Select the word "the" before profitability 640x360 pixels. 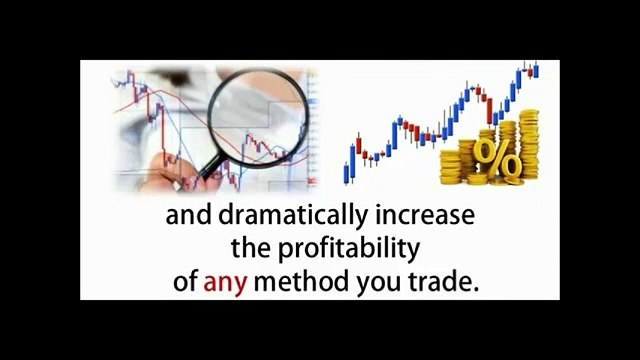click(250, 249)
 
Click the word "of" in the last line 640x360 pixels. click(186, 283)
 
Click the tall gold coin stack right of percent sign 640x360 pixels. click(527, 155)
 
